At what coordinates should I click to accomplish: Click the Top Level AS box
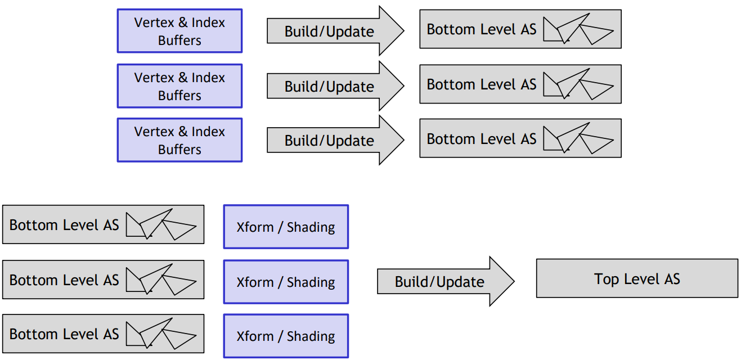[x=637, y=278]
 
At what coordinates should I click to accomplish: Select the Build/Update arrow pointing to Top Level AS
[x=446, y=281]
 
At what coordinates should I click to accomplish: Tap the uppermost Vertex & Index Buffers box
[x=179, y=31]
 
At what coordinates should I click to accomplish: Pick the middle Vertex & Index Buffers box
[x=179, y=86]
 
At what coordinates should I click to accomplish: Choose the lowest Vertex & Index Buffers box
[x=179, y=140]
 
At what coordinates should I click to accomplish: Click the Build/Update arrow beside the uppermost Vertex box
[x=335, y=31]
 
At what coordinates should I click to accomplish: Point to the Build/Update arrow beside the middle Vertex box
[x=335, y=86]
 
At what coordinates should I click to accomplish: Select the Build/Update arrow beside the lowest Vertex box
[x=335, y=140]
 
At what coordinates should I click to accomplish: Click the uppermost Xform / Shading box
[x=286, y=227]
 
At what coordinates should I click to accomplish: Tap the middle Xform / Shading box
[x=286, y=282]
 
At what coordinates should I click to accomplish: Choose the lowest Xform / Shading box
[x=286, y=336]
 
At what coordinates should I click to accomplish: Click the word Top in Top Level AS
[x=606, y=280]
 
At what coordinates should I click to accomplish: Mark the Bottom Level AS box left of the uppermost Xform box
[x=103, y=224]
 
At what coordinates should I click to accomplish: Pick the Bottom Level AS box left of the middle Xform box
[x=103, y=280]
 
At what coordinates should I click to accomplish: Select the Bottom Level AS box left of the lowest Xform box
[x=103, y=334]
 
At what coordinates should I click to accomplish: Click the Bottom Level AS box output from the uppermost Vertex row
[x=520, y=29]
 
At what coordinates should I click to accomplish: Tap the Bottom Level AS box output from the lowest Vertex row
[x=520, y=138]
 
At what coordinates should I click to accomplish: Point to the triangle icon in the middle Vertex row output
[x=578, y=84]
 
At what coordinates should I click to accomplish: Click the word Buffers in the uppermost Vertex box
[x=179, y=40]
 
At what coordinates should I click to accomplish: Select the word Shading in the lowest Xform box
[x=311, y=336]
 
